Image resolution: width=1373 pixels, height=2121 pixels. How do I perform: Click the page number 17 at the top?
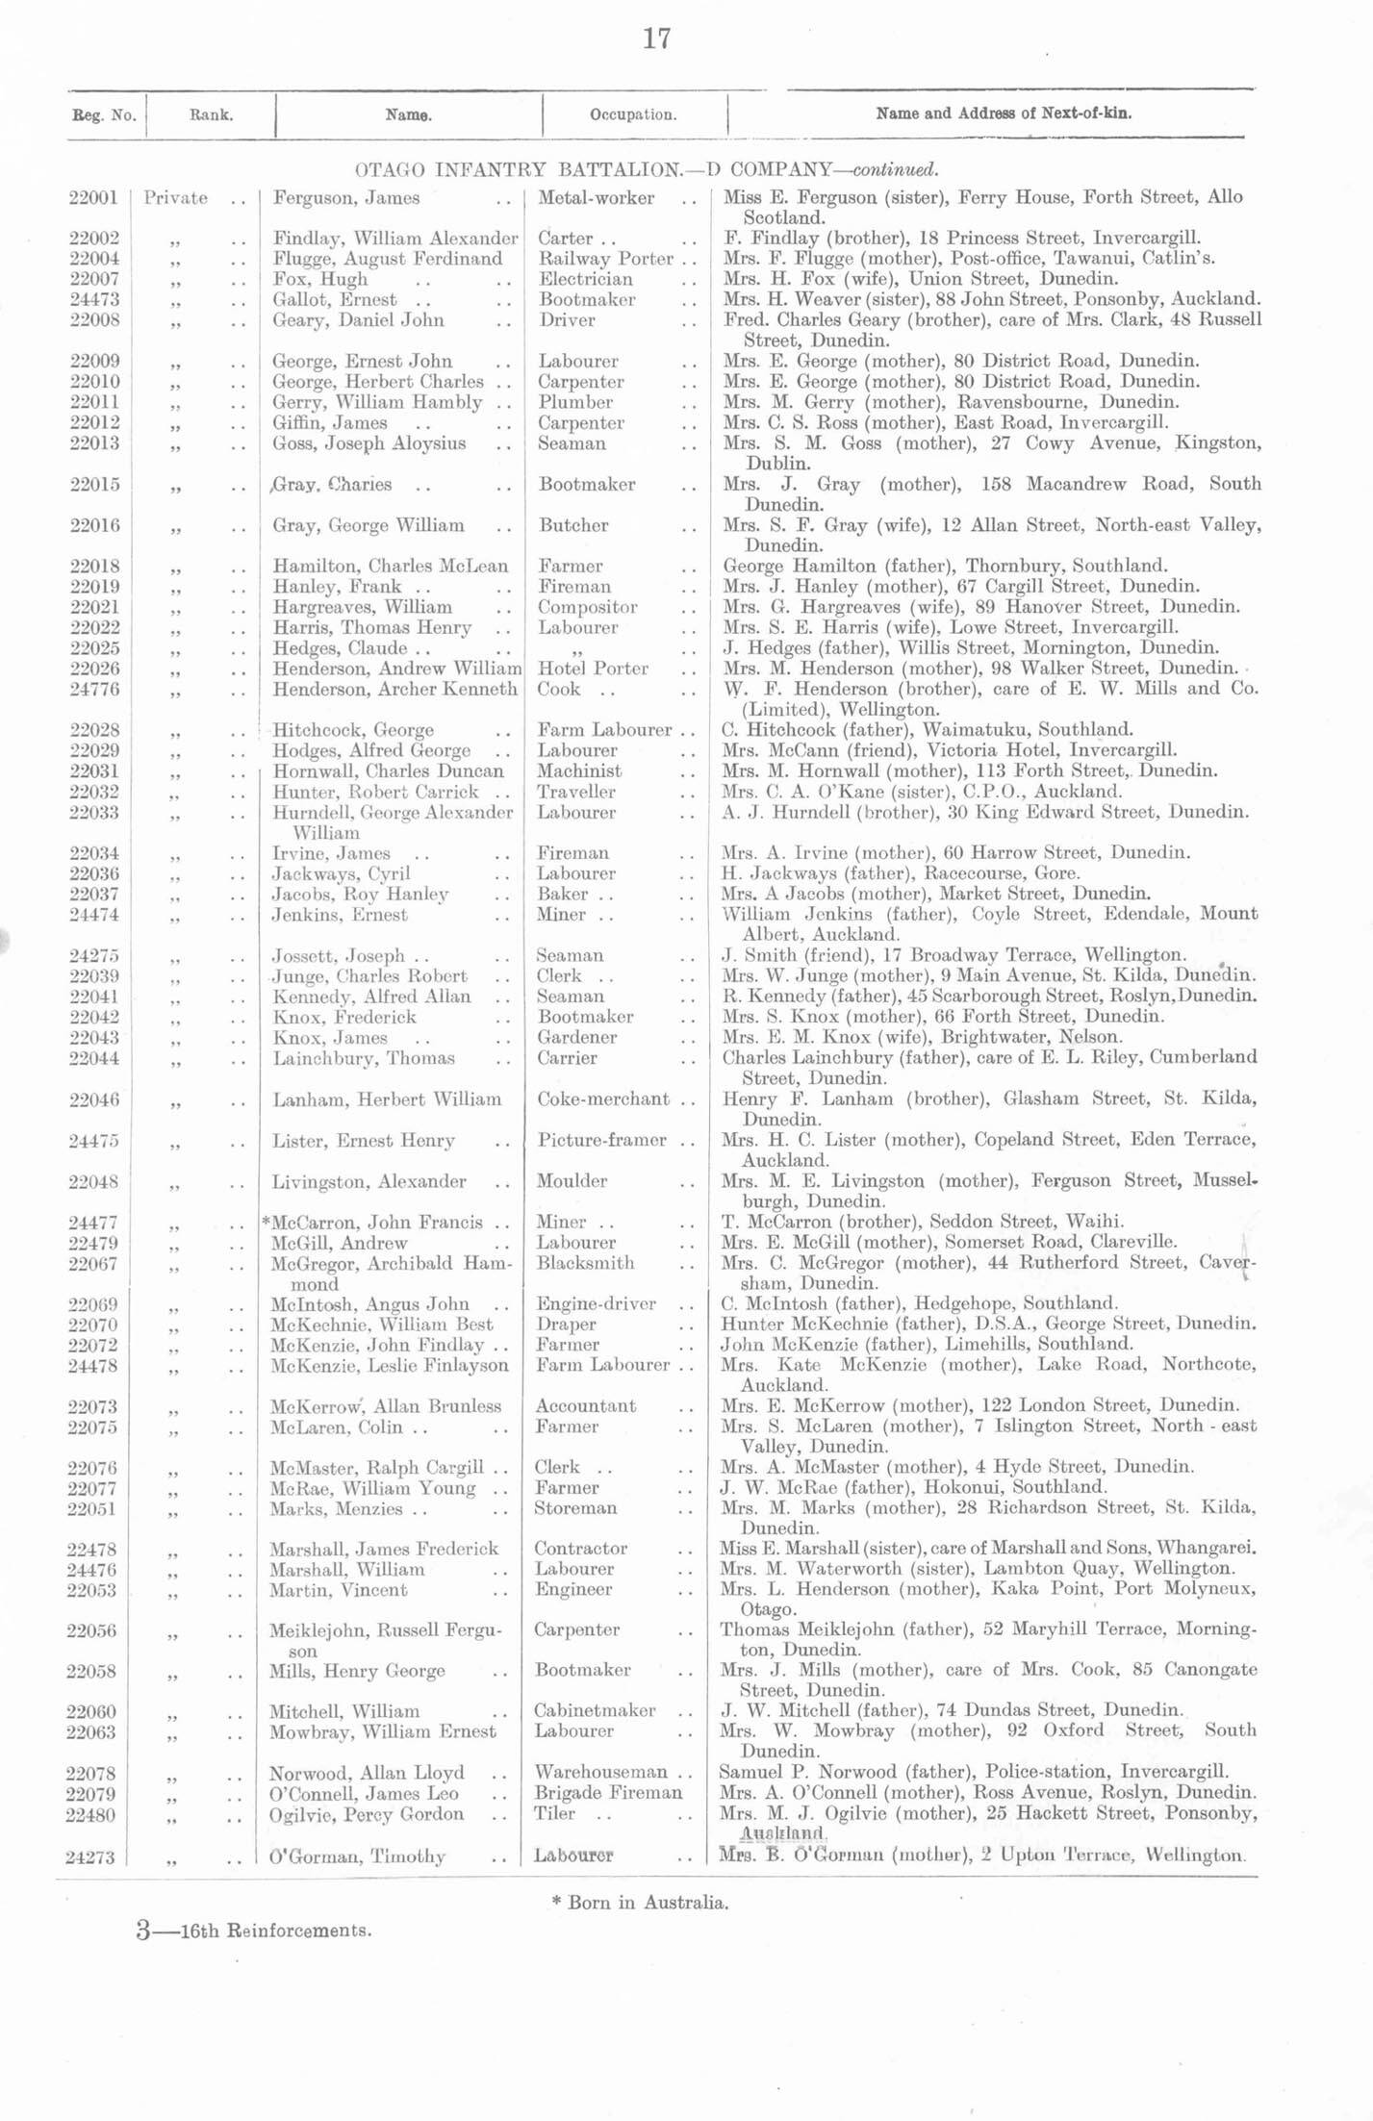(656, 39)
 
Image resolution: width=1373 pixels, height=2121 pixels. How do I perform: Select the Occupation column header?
(633, 114)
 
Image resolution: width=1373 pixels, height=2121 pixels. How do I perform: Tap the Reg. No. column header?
(104, 115)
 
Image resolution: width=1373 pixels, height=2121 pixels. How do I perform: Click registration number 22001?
(93, 198)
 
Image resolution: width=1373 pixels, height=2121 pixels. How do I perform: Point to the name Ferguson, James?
(346, 198)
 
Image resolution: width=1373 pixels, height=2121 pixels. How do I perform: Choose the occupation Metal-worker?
(597, 198)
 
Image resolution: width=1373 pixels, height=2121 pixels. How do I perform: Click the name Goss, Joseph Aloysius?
(369, 443)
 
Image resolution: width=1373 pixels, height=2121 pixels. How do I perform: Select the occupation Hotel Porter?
(594, 669)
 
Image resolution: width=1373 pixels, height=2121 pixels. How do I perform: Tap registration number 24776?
(93, 689)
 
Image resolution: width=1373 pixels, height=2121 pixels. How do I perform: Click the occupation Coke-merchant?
(602, 1098)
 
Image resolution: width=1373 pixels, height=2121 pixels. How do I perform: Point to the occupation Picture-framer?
(601, 1140)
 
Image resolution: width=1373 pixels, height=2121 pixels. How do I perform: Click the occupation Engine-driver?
(596, 1304)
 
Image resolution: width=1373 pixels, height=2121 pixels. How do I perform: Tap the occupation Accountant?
(585, 1406)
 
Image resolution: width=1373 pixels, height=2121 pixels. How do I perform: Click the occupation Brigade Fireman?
(608, 1793)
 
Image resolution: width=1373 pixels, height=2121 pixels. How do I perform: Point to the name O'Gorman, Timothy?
(356, 1856)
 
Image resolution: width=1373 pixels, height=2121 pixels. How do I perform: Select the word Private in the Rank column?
(175, 198)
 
